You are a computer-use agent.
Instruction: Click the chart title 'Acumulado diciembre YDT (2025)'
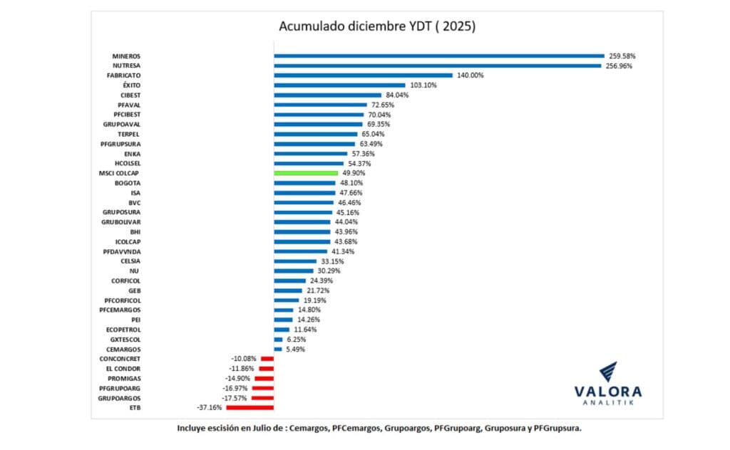pos(376,27)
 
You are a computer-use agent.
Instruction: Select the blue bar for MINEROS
pos(439,56)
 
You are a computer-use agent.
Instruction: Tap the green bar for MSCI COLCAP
pos(306,173)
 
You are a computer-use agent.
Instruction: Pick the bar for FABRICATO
pos(364,75)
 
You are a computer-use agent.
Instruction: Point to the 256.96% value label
pos(620,66)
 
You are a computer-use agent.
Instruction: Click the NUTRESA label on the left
pos(126,66)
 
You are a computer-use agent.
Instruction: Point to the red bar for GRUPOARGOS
pos(263,398)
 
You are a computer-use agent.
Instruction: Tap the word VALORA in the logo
pos(608,392)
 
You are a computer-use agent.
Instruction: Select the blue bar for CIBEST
pos(328,95)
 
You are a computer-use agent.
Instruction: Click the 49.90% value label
pos(354,173)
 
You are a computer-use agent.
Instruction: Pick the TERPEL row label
pos(128,134)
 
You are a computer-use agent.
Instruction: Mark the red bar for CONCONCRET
pos(267,359)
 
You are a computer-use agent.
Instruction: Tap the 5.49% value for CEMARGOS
pos(295,350)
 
